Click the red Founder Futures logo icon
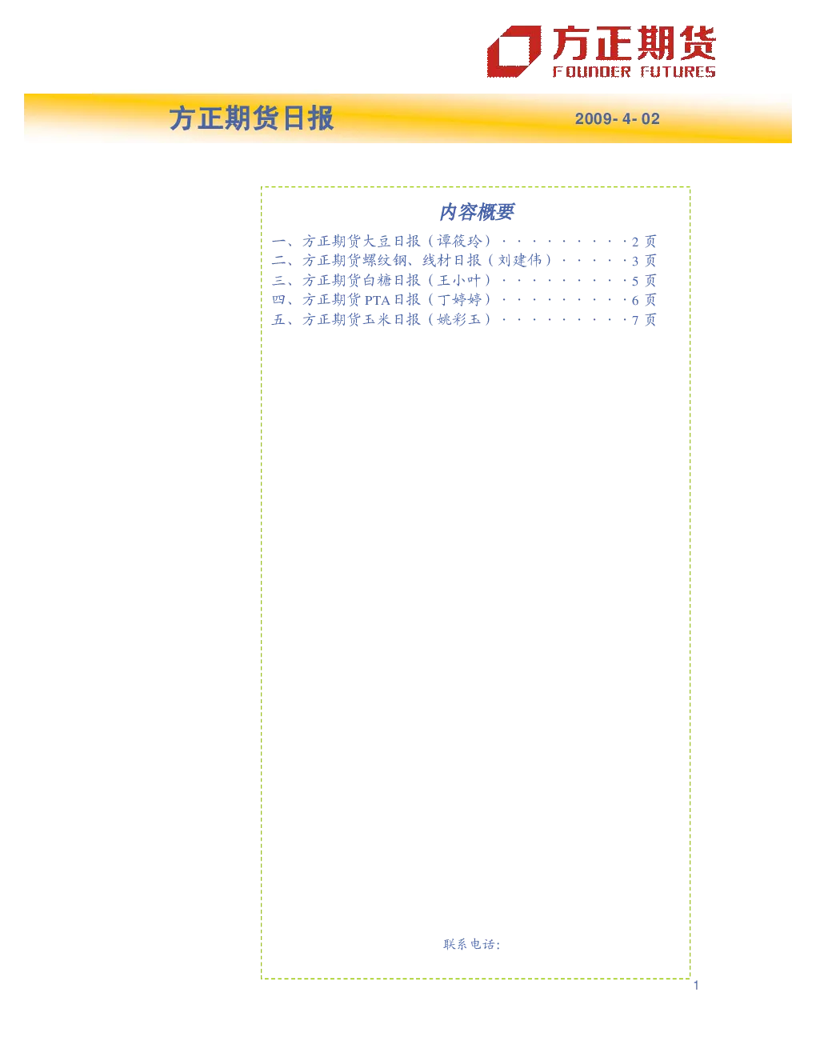pyautogui.click(x=514, y=51)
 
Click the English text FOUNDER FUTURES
pyautogui.click(x=634, y=72)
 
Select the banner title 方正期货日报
pyautogui.click(x=251, y=118)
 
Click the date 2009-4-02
pyautogui.click(x=618, y=118)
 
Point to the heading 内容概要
pyautogui.click(x=476, y=212)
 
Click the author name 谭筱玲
pyautogui.click(x=459, y=241)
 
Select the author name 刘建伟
pyautogui.click(x=519, y=261)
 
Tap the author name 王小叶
pyautogui.click(x=459, y=281)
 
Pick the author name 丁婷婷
pyautogui.click(x=459, y=300)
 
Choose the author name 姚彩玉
pyautogui.click(x=459, y=319)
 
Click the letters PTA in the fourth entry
pyautogui.click(x=377, y=300)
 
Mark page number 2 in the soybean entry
pyautogui.click(x=635, y=242)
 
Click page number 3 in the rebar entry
pyautogui.click(x=635, y=262)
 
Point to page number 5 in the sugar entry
pyautogui.click(x=635, y=281)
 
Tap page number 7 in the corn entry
pyautogui.click(x=635, y=320)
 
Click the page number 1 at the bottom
pyautogui.click(x=696, y=985)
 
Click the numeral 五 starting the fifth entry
pyautogui.click(x=278, y=319)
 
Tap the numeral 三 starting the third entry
pyautogui.click(x=278, y=281)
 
